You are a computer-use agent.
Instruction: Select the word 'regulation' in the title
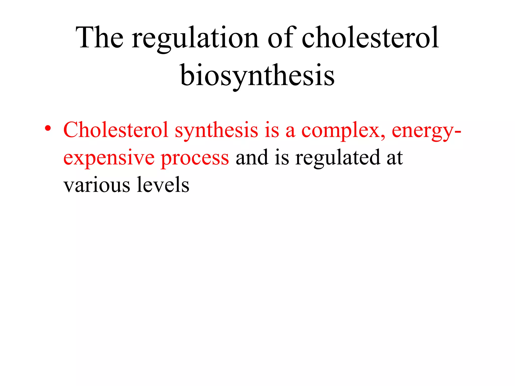tap(195, 39)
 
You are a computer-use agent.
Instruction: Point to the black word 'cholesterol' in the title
tap(370, 38)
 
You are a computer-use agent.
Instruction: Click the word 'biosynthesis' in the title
tap(257, 76)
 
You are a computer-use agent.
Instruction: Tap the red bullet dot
tap(48, 128)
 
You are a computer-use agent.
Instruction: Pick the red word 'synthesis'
tap(217, 131)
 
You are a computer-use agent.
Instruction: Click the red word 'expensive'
tap(109, 158)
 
